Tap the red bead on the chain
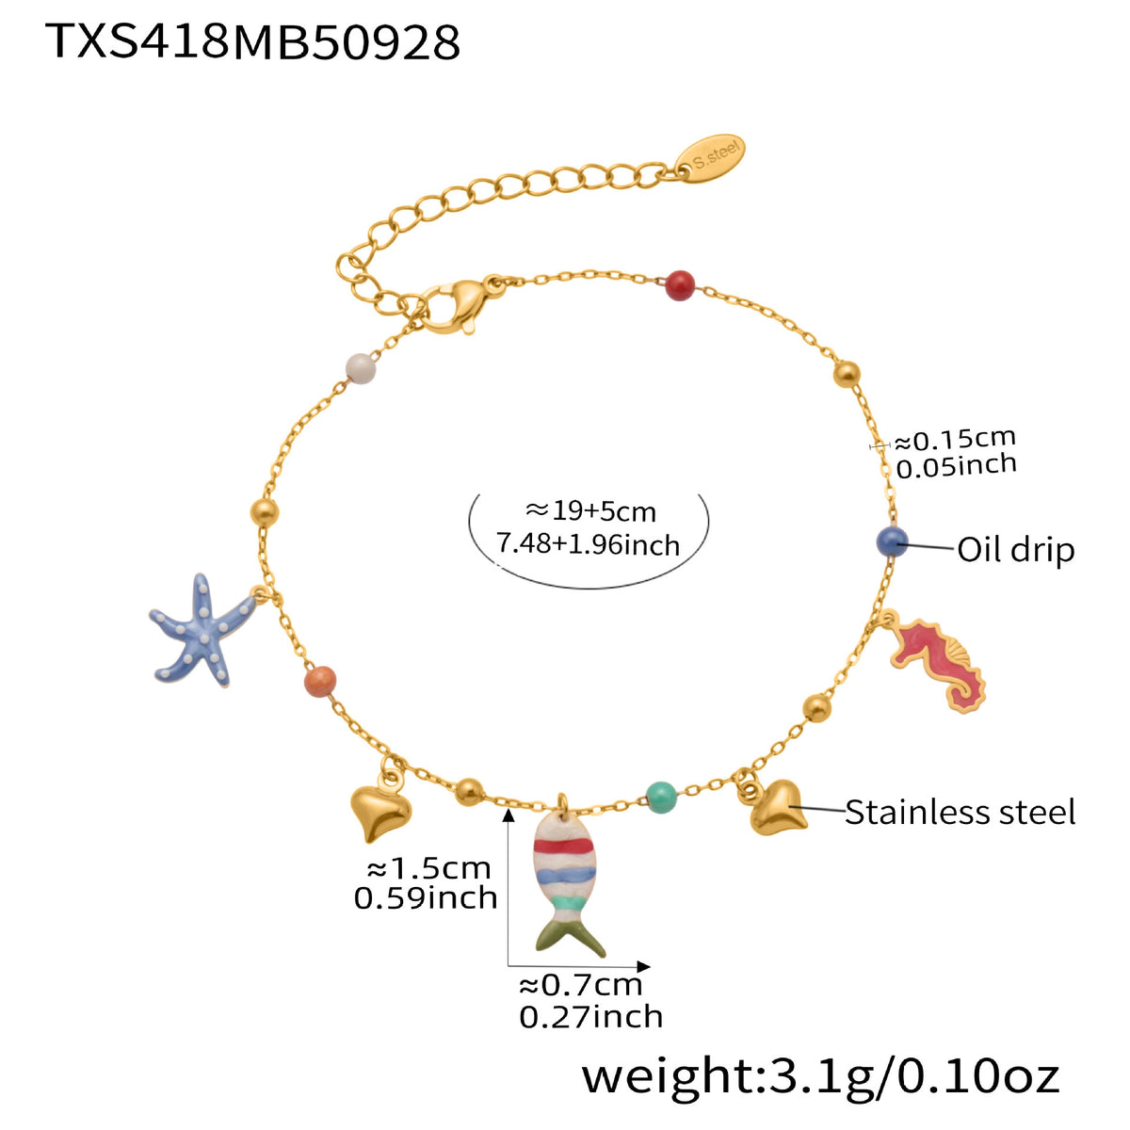pos(679,284)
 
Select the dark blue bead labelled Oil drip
pos(891,542)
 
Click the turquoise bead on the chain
pos(662,798)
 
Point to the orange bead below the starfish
pos(319,681)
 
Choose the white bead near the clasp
pos(360,368)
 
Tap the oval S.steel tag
pos(712,158)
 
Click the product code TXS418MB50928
pos(252,41)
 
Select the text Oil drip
pos(1015,549)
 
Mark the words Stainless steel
pos(959,812)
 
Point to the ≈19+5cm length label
pos(590,511)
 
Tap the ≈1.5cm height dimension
pos(428,868)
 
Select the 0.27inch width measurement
pos(590,1017)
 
